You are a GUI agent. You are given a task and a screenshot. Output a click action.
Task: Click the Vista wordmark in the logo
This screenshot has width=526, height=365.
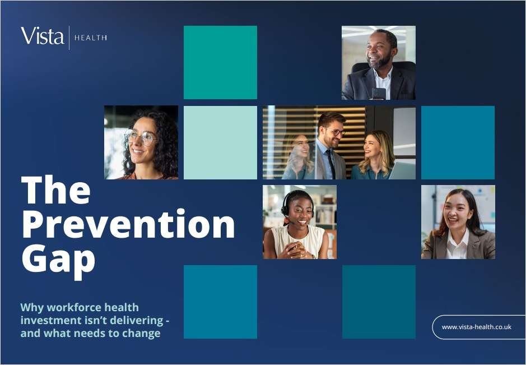pos(42,36)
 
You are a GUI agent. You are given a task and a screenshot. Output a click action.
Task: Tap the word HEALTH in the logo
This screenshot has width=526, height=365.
pos(91,38)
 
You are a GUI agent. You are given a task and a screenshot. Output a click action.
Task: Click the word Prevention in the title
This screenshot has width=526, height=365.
pos(128,224)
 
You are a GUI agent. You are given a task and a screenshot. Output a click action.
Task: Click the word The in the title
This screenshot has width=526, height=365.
pos(56,190)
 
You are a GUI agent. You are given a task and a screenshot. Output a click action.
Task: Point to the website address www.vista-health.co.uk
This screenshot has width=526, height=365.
pos(476,327)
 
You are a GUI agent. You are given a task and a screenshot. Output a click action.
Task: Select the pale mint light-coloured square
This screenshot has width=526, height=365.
pos(220,143)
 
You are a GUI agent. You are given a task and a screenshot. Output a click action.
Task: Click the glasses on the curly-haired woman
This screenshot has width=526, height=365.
pos(142,137)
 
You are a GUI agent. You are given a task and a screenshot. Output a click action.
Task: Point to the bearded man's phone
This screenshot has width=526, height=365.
pos(379,93)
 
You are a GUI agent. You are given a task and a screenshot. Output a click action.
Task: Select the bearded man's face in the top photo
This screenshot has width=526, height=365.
pos(379,50)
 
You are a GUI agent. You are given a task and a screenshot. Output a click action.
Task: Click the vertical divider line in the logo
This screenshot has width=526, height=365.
pos(69,38)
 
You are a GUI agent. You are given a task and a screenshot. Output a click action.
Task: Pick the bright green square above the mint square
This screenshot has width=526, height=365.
pos(220,62)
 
